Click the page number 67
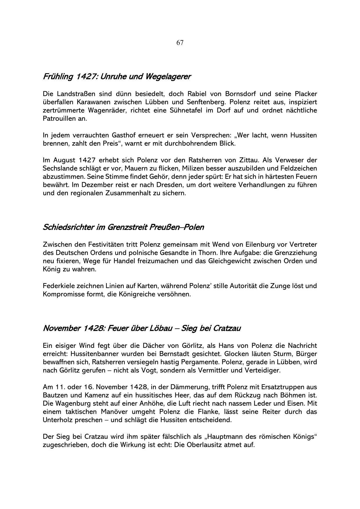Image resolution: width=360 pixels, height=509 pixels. [180, 43]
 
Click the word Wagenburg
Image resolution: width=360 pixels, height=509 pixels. [70, 404]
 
